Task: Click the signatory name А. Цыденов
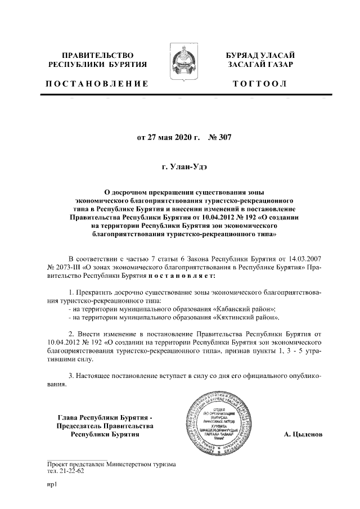(303, 434)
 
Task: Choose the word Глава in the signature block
(70, 417)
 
